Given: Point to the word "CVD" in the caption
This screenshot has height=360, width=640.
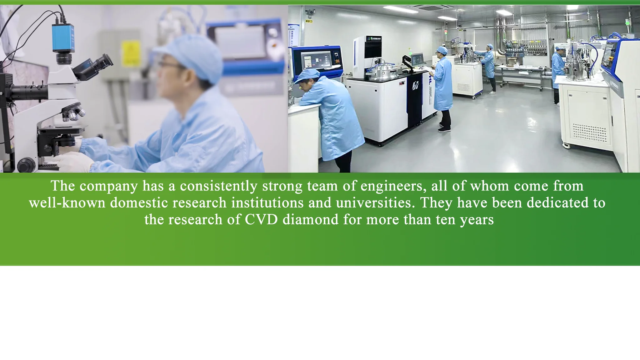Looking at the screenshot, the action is (261, 220).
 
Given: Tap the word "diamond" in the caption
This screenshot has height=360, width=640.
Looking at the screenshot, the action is (310, 219).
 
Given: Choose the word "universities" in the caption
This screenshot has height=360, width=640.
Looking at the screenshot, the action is (375, 203).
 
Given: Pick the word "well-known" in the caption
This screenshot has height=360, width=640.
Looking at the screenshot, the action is (67, 203).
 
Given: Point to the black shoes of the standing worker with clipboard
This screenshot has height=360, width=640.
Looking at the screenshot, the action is (444, 127).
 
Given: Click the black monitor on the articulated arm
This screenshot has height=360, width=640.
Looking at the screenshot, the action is (417, 59).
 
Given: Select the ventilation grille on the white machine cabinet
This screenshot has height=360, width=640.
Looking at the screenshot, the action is (589, 133).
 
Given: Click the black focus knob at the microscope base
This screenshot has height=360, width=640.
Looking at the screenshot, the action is (26, 164).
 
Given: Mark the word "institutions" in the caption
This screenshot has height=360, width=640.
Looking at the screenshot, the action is (267, 203).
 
